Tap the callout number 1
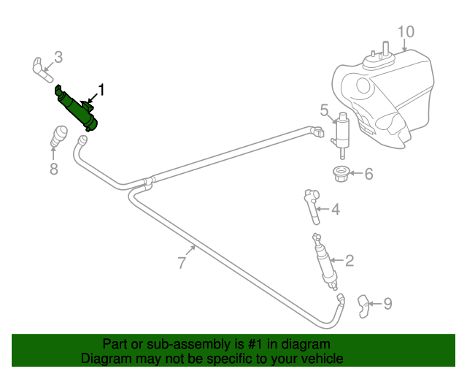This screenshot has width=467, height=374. [x=101, y=91]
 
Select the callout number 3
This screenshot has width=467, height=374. [x=58, y=56]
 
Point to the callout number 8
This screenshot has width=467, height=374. [x=53, y=169]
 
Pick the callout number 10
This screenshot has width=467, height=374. [x=406, y=31]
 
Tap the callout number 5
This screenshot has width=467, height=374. [x=325, y=110]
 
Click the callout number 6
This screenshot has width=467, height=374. [x=368, y=174]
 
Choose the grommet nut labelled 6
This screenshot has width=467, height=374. [x=339, y=175]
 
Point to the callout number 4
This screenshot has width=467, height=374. [x=335, y=210]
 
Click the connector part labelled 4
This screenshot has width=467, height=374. [x=313, y=204]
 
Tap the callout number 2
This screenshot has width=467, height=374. [x=349, y=260]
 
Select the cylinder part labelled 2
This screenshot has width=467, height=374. [x=325, y=262]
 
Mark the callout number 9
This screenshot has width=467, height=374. [x=387, y=303]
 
